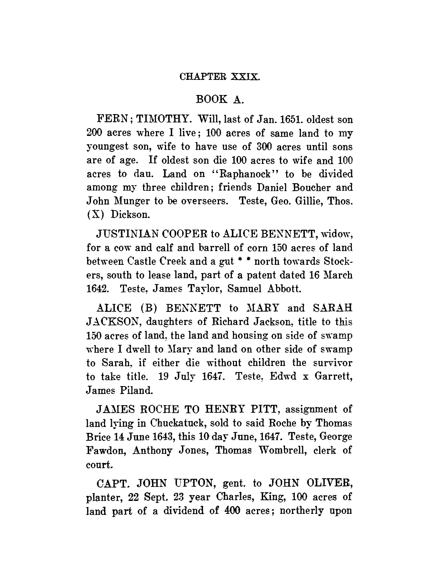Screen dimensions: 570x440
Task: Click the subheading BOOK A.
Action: pos(220,99)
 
